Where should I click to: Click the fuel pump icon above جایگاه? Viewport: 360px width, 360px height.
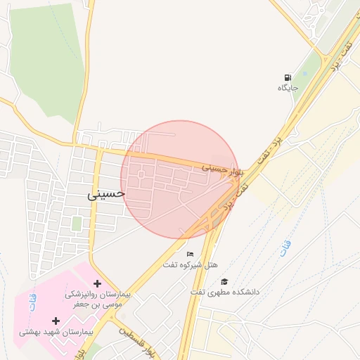click(288, 77)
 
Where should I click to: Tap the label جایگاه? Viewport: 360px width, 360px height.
click(288, 88)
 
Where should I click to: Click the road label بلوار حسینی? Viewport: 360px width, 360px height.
click(222, 169)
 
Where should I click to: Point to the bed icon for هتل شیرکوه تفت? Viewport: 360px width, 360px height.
click(190, 254)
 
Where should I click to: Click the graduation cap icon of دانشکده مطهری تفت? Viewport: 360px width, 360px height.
click(224, 281)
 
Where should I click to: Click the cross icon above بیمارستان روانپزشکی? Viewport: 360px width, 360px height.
click(97, 283)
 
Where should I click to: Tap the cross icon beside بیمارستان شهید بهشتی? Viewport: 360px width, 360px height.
click(56, 321)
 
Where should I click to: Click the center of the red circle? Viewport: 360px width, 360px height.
click(181, 179)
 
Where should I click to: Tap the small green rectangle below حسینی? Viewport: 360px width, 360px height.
click(76, 224)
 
